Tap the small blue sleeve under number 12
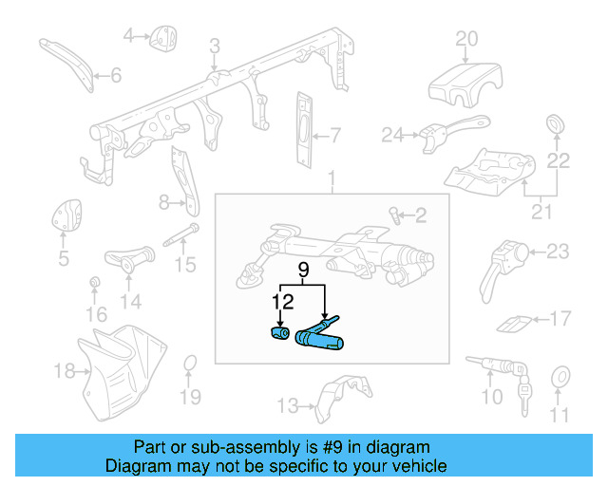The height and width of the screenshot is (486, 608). click(279, 336)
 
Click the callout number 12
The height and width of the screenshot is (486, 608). click(281, 303)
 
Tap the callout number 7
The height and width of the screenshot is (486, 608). click(334, 134)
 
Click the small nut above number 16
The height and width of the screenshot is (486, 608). click(95, 284)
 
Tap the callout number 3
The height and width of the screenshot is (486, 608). click(215, 45)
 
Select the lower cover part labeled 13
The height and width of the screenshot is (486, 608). click(340, 399)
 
